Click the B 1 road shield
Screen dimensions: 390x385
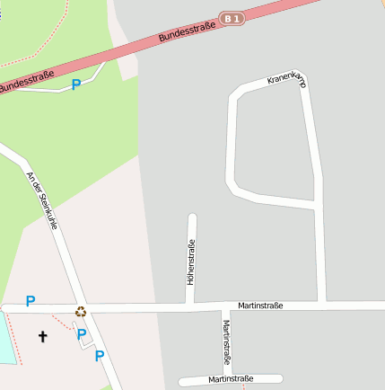(x=232, y=17)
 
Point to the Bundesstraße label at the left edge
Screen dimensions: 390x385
(x=25, y=82)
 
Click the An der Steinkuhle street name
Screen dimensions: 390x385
(x=42, y=200)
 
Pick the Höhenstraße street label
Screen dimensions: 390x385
(x=190, y=261)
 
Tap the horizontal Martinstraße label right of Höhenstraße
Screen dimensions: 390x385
(x=260, y=306)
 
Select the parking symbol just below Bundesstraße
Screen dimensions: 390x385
(x=76, y=84)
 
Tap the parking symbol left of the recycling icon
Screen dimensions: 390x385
(x=30, y=302)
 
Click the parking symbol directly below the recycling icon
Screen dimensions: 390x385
(x=82, y=334)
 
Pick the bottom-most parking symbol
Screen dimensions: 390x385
(x=100, y=355)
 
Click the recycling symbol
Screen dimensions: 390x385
(x=81, y=312)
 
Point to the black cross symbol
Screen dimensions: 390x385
(x=41, y=336)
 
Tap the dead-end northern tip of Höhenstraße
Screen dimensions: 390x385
(x=191, y=217)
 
